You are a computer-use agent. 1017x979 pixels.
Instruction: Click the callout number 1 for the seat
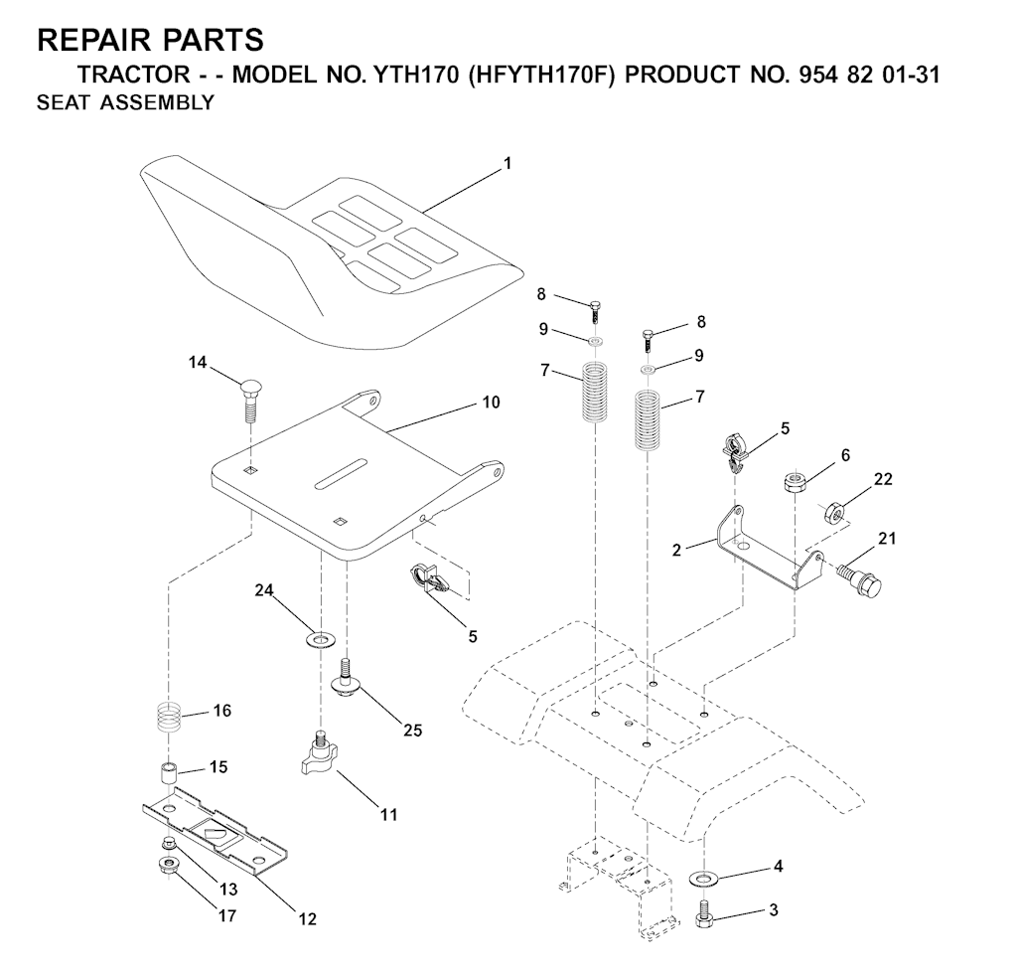click(x=508, y=164)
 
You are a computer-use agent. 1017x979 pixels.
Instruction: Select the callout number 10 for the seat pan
click(x=491, y=403)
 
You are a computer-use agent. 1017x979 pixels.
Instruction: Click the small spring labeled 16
click(x=169, y=718)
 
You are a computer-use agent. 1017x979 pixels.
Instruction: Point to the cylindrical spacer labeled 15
click(x=169, y=774)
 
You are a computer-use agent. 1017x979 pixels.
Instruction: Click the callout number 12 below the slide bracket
click(x=308, y=919)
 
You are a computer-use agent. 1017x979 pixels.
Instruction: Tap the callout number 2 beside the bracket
click(x=677, y=551)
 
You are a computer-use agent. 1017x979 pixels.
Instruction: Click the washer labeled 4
click(x=702, y=879)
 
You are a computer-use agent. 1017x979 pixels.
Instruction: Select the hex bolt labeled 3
click(x=704, y=914)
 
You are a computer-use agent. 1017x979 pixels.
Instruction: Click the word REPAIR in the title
click(x=92, y=40)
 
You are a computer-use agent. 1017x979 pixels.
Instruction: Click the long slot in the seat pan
click(x=342, y=473)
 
